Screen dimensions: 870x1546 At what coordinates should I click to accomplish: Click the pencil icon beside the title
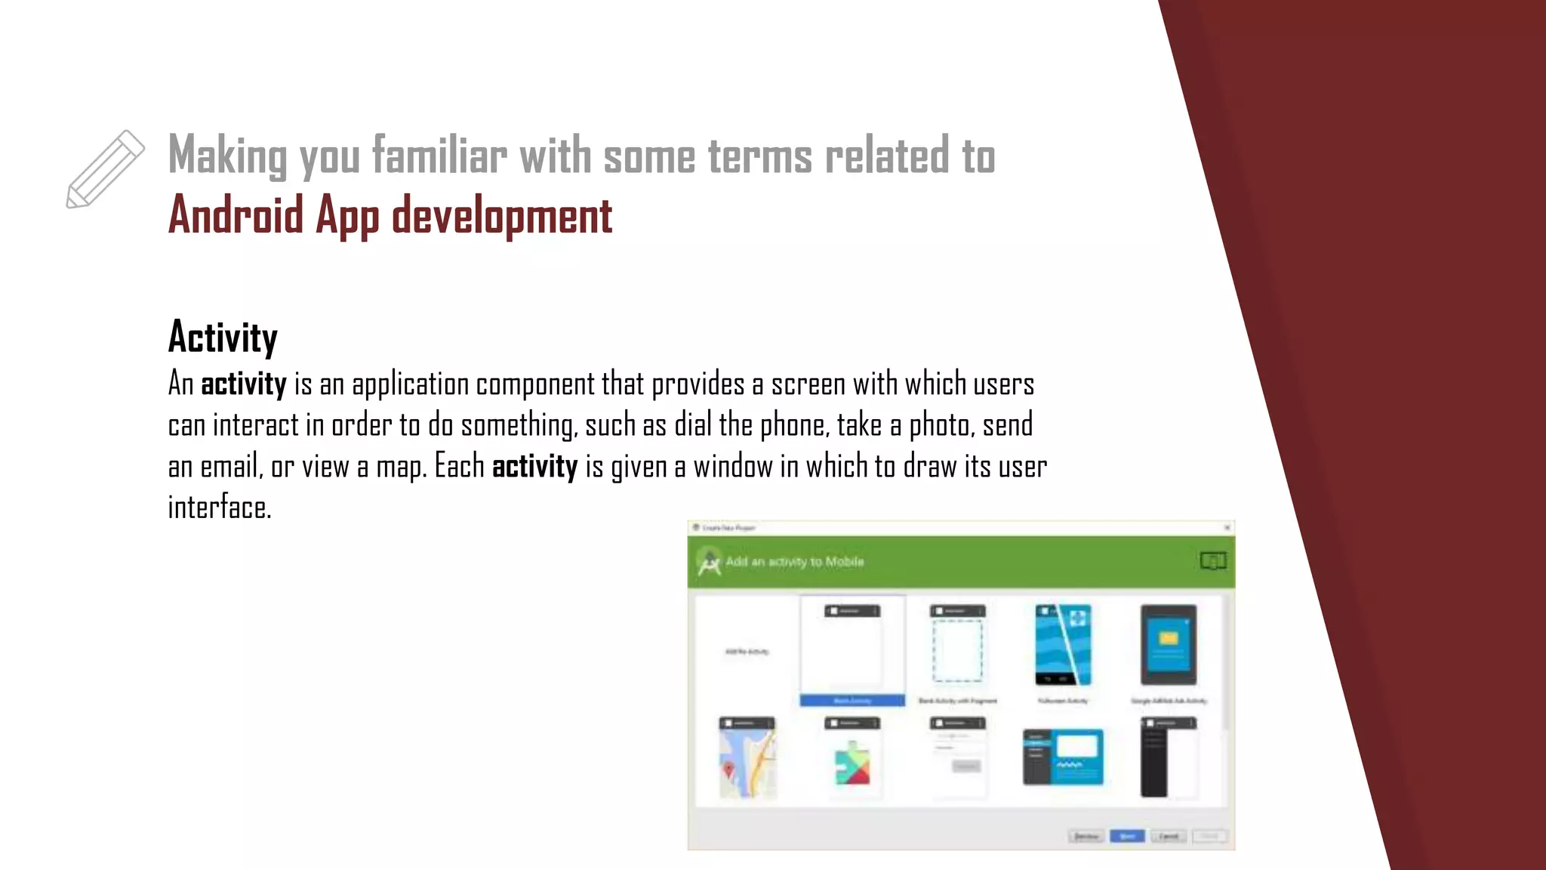pyautogui.click(x=105, y=169)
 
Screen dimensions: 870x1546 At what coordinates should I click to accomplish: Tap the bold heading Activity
pyautogui.click(x=223, y=338)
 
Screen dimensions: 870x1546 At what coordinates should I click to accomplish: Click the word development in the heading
pyautogui.click(x=502, y=216)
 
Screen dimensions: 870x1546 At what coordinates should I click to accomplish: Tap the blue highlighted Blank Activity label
pyautogui.click(x=852, y=701)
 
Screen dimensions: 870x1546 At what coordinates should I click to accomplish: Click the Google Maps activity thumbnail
pyautogui.click(x=747, y=757)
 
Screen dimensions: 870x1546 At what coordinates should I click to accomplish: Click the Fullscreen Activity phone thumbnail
pyautogui.click(x=1063, y=645)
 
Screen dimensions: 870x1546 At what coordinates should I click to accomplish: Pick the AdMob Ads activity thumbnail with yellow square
pyautogui.click(x=1168, y=645)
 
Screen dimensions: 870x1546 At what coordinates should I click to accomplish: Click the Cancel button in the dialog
pyautogui.click(x=1168, y=836)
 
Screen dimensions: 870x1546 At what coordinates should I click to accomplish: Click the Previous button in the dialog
pyautogui.click(x=1086, y=836)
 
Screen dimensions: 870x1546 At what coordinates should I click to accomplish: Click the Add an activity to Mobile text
pyautogui.click(x=794, y=562)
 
